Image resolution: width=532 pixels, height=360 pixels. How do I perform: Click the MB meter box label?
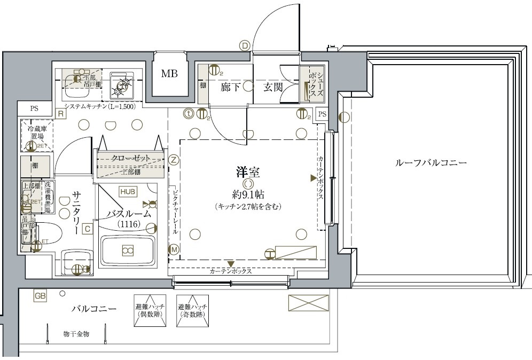tap(169, 74)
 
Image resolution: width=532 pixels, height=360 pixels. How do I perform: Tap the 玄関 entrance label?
tap(272, 87)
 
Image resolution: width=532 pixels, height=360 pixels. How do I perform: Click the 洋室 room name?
tap(248, 172)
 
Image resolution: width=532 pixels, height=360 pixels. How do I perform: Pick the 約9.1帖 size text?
tap(248, 194)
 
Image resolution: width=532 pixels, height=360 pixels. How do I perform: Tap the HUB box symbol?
tap(128, 191)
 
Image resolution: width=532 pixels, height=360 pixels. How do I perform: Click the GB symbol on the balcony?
tap(40, 295)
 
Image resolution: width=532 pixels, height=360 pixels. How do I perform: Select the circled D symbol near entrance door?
tap(245, 45)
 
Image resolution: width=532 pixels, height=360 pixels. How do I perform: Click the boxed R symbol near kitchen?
tap(61, 113)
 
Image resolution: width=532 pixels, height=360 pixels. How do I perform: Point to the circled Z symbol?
tap(174, 159)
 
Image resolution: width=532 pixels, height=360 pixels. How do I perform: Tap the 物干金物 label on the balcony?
tap(76, 334)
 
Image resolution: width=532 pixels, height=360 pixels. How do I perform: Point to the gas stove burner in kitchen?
tap(123, 84)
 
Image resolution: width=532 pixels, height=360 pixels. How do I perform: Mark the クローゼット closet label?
tap(130, 158)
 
